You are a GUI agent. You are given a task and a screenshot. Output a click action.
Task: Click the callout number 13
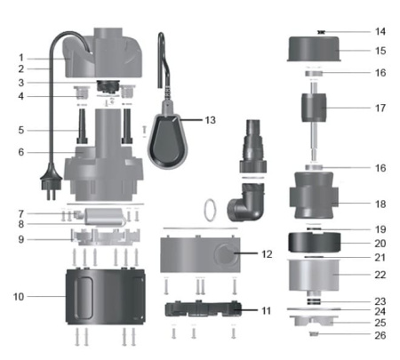click(210, 119)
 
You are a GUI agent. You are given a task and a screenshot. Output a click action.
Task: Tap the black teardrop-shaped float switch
click(170, 138)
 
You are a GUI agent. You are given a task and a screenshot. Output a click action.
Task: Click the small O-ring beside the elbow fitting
click(208, 210)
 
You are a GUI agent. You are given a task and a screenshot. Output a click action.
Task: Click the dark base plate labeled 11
click(204, 309)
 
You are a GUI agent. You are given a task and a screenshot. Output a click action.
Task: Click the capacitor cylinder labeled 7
click(100, 215)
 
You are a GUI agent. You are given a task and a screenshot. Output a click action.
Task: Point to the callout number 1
click(20, 58)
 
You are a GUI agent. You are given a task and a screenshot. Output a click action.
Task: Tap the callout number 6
click(20, 153)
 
